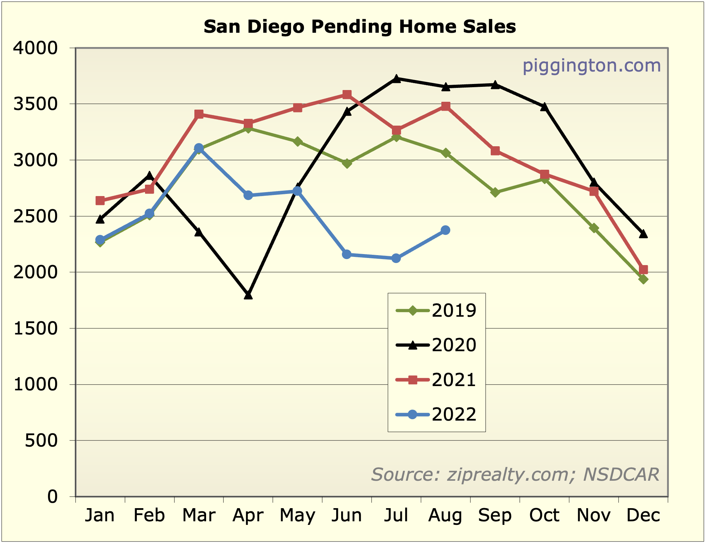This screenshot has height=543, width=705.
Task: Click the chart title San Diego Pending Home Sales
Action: [x=360, y=27]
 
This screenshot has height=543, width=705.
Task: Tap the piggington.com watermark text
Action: [x=591, y=66]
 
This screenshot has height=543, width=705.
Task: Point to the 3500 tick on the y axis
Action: [x=35, y=104]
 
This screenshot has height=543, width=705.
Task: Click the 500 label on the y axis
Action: [x=41, y=441]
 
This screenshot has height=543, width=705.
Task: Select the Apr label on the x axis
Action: [x=248, y=515]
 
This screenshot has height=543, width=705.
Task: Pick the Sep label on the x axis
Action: [x=495, y=515]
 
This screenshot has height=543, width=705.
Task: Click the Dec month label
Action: [x=643, y=515]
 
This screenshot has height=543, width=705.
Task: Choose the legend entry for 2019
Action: [x=436, y=311]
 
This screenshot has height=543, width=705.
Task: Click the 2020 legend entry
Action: [x=436, y=345]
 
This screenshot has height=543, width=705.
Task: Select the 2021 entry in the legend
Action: [x=436, y=380]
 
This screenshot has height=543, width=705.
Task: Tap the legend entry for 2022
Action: [x=436, y=415]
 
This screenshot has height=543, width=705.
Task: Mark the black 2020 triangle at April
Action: [x=248, y=295]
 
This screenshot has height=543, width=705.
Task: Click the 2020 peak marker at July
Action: [x=396, y=79]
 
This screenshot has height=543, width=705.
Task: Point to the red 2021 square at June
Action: [x=347, y=95]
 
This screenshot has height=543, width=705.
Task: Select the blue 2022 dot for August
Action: [x=446, y=230]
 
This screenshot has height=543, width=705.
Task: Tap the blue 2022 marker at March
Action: [x=199, y=148]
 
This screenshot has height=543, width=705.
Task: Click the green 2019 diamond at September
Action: [x=495, y=193]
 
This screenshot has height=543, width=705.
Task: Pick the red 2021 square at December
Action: [x=643, y=269]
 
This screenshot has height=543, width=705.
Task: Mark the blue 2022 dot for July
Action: [x=396, y=258]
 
